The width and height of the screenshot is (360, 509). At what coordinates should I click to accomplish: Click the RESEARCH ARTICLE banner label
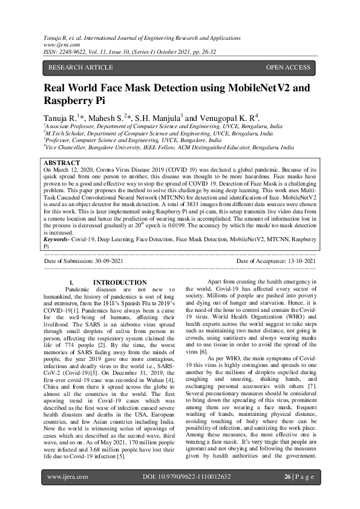[x=80, y=67]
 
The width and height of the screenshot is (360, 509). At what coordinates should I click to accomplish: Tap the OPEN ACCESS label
[x=288, y=67]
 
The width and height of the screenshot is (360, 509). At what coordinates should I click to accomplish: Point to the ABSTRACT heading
[x=62, y=163]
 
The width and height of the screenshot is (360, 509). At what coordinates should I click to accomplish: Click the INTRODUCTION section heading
[x=120, y=282]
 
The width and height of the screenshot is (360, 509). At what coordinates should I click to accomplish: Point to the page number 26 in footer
[x=288, y=494]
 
